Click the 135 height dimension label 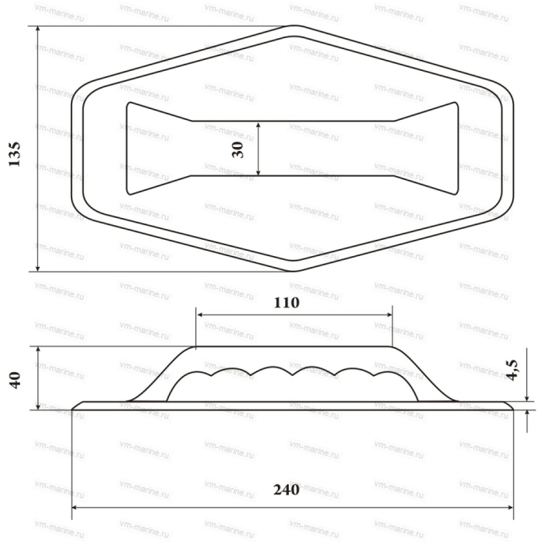(14, 154)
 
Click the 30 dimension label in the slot (237, 149)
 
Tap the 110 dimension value (287, 303)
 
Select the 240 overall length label (287, 490)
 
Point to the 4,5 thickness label (512, 370)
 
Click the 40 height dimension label (15, 380)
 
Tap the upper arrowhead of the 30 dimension (258, 125)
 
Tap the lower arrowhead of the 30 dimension (258, 172)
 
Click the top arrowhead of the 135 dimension (38, 30)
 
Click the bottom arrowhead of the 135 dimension (38, 268)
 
